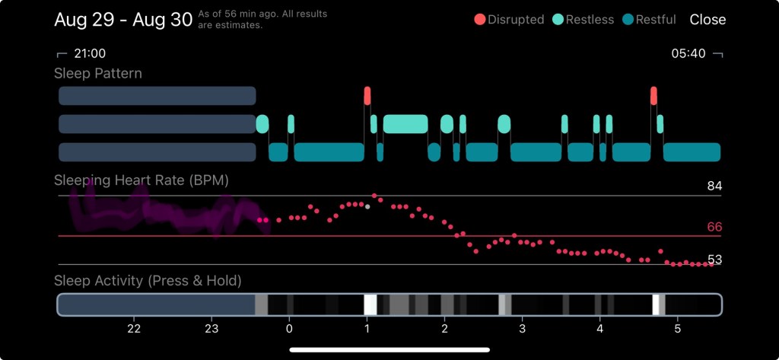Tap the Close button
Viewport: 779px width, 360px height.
(707, 20)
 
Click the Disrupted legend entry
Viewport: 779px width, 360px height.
(510, 20)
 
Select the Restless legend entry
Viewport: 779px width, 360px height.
(583, 20)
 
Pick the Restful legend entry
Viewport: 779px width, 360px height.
(650, 20)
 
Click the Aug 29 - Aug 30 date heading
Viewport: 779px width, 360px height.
(123, 20)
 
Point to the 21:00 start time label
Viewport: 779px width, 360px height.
(88, 54)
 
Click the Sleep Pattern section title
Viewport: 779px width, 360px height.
(98, 74)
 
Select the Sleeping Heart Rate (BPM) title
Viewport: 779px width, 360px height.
(141, 180)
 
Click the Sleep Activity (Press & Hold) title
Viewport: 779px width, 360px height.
(148, 281)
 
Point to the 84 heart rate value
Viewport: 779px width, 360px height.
(714, 186)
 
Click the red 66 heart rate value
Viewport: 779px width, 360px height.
(714, 227)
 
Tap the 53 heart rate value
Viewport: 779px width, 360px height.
(714, 260)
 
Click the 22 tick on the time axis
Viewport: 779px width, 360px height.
(134, 329)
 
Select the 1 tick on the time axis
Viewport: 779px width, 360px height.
(367, 329)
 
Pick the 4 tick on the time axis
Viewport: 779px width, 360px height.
(600, 329)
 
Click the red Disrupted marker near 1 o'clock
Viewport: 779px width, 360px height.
(367, 95)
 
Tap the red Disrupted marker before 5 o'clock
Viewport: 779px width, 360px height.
(653, 95)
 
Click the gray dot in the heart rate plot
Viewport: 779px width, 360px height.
(367, 206)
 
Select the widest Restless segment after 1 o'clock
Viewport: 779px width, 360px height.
(405, 124)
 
